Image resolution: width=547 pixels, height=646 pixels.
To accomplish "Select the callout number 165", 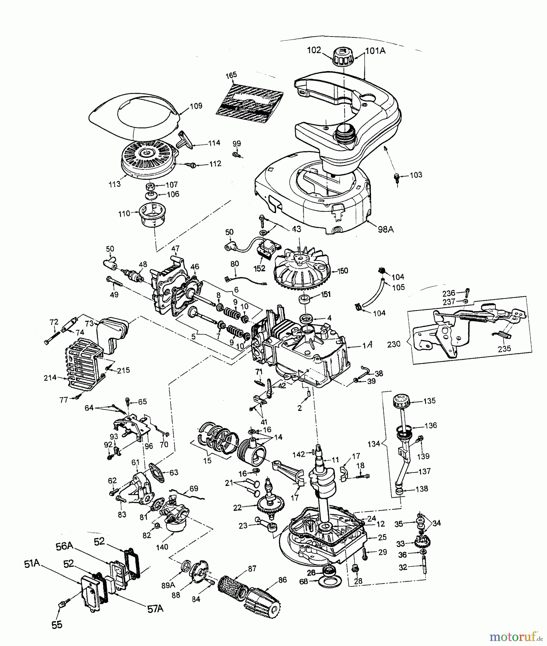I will tap(231, 75).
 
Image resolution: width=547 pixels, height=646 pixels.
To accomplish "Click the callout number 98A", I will tap(385, 229).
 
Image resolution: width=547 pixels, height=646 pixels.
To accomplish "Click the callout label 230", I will tap(394, 344).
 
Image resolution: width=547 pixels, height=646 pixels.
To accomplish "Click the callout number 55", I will tap(57, 625).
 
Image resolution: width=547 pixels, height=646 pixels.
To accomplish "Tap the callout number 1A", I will tap(367, 345).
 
